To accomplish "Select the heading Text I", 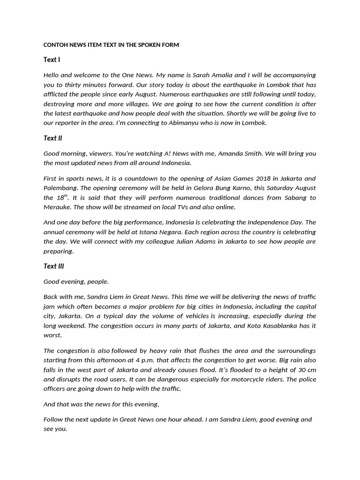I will tap(52, 60).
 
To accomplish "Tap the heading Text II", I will tap(52, 138).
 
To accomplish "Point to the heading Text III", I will tap(53, 266).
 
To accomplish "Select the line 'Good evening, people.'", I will tap(76, 282).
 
